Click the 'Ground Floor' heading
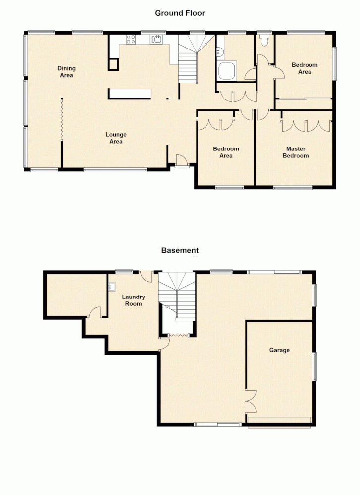(x=180, y=13)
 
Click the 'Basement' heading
(x=180, y=250)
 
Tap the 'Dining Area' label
(x=66, y=72)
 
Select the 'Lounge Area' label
(x=116, y=138)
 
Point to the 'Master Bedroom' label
(x=296, y=152)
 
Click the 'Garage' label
(x=279, y=350)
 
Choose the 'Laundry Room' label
(x=134, y=300)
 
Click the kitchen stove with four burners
(x=132, y=39)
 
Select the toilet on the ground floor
(x=264, y=41)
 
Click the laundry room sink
(x=111, y=286)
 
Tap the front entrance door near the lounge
(x=181, y=161)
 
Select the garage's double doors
(x=251, y=400)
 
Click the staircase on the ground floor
(x=189, y=62)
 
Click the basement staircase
(x=177, y=297)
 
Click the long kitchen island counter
(x=130, y=94)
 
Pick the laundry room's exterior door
(x=146, y=275)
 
